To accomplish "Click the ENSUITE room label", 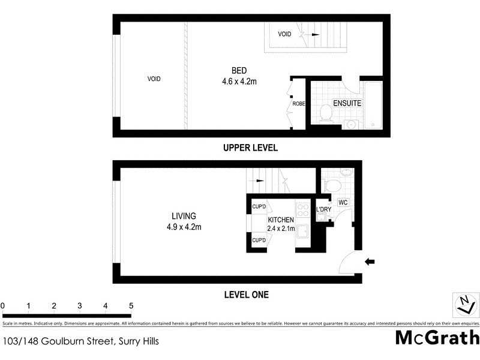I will pyautogui.click(x=347, y=103).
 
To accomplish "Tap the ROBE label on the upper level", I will pyautogui.click(x=298, y=104).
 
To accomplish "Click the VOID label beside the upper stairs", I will pyautogui.click(x=284, y=34).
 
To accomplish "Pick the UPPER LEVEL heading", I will pyautogui.click(x=250, y=148).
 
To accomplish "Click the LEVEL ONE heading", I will pyautogui.click(x=246, y=295).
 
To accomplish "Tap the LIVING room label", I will pyautogui.click(x=184, y=216).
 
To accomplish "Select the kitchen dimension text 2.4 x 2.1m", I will pyautogui.click(x=281, y=229).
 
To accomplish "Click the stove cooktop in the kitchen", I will pyautogui.click(x=304, y=210).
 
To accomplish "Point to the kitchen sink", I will pyautogui.click(x=304, y=231).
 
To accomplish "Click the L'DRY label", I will pyautogui.click(x=324, y=209).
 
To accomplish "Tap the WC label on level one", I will pyautogui.click(x=344, y=203).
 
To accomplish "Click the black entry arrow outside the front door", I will pyautogui.click(x=370, y=261).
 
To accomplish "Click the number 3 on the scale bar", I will pyautogui.click(x=79, y=306).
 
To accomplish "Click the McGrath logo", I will pyautogui.click(x=437, y=337).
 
